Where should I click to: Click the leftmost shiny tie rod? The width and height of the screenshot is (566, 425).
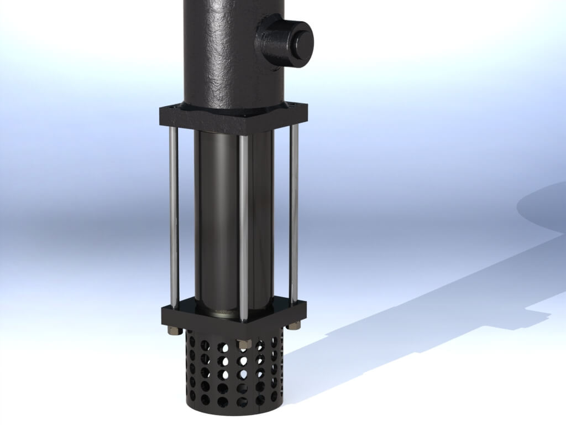pyautogui.click(x=174, y=216)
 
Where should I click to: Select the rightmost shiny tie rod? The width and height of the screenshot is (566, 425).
pyautogui.click(x=295, y=216)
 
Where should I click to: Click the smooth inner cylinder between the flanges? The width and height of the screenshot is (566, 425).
pyautogui.click(x=218, y=221)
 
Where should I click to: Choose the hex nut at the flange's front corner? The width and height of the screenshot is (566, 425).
pyautogui.click(x=242, y=344)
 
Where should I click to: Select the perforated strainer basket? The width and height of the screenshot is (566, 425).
pyautogui.click(x=232, y=371)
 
